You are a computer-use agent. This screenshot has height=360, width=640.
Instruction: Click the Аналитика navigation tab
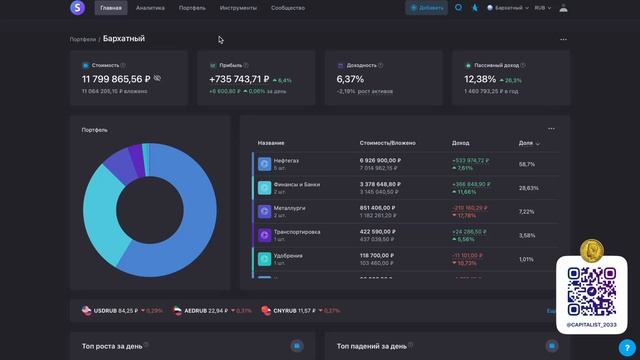click(x=150, y=8)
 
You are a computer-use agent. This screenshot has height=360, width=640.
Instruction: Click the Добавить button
click(x=427, y=8)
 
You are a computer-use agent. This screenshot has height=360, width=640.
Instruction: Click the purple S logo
click(x=77, y=8)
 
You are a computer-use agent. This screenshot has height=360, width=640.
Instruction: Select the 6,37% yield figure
click(x=350, y=78)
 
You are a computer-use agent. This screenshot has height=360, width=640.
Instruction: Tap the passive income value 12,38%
click(x=480, y=78)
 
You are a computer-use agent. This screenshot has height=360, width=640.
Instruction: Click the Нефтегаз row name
click(x=287, y=159)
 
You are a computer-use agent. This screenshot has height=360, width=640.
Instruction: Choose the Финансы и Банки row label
click(x=296, y=183)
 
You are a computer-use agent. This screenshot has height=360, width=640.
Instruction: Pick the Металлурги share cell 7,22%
click(x=527, y=212)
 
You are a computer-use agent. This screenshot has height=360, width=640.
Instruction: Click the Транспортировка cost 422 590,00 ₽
click(x=380, y=232)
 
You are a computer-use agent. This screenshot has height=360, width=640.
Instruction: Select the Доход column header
click(x=460, y=143)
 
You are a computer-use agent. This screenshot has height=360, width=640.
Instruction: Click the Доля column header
click(x=527, y=143)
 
